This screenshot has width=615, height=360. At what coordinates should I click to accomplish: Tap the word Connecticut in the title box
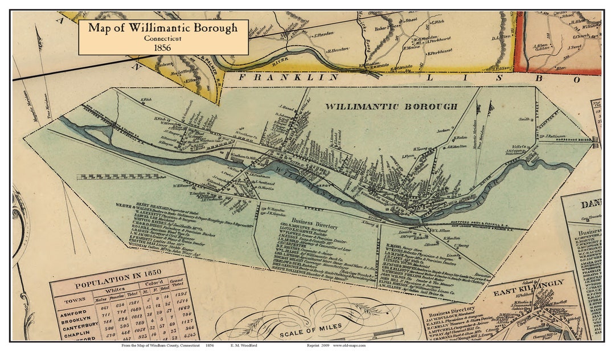[163, 38]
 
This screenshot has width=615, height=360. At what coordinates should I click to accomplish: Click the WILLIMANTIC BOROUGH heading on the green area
[391, 107]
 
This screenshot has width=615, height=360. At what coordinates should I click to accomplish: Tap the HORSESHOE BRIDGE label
[575, 140]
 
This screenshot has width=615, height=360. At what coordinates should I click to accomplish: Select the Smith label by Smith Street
[524, 119]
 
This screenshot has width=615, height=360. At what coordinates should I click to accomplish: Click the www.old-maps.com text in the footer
[350, 346]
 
